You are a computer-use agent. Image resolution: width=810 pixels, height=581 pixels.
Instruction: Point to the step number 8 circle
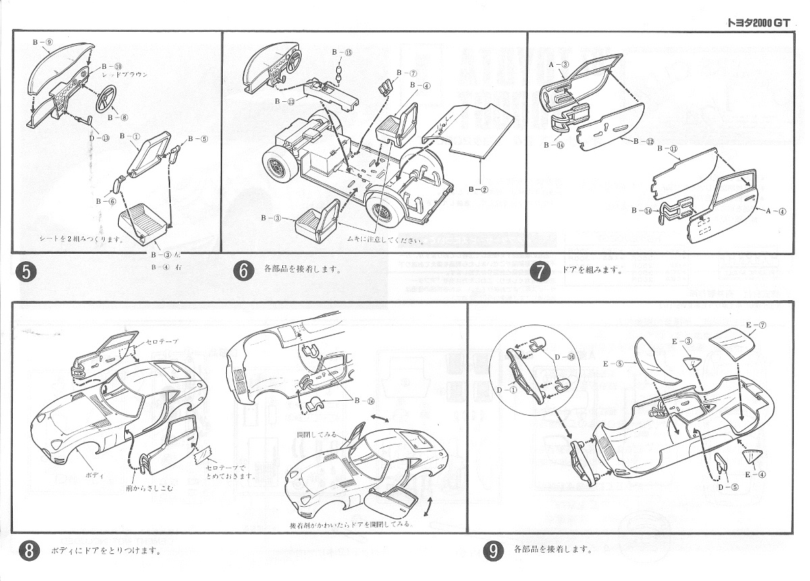tap(28, 550)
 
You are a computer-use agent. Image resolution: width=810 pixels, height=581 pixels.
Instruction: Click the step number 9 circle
tap(493, 551)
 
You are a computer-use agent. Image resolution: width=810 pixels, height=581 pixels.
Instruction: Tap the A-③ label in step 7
tap(561, 65)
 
